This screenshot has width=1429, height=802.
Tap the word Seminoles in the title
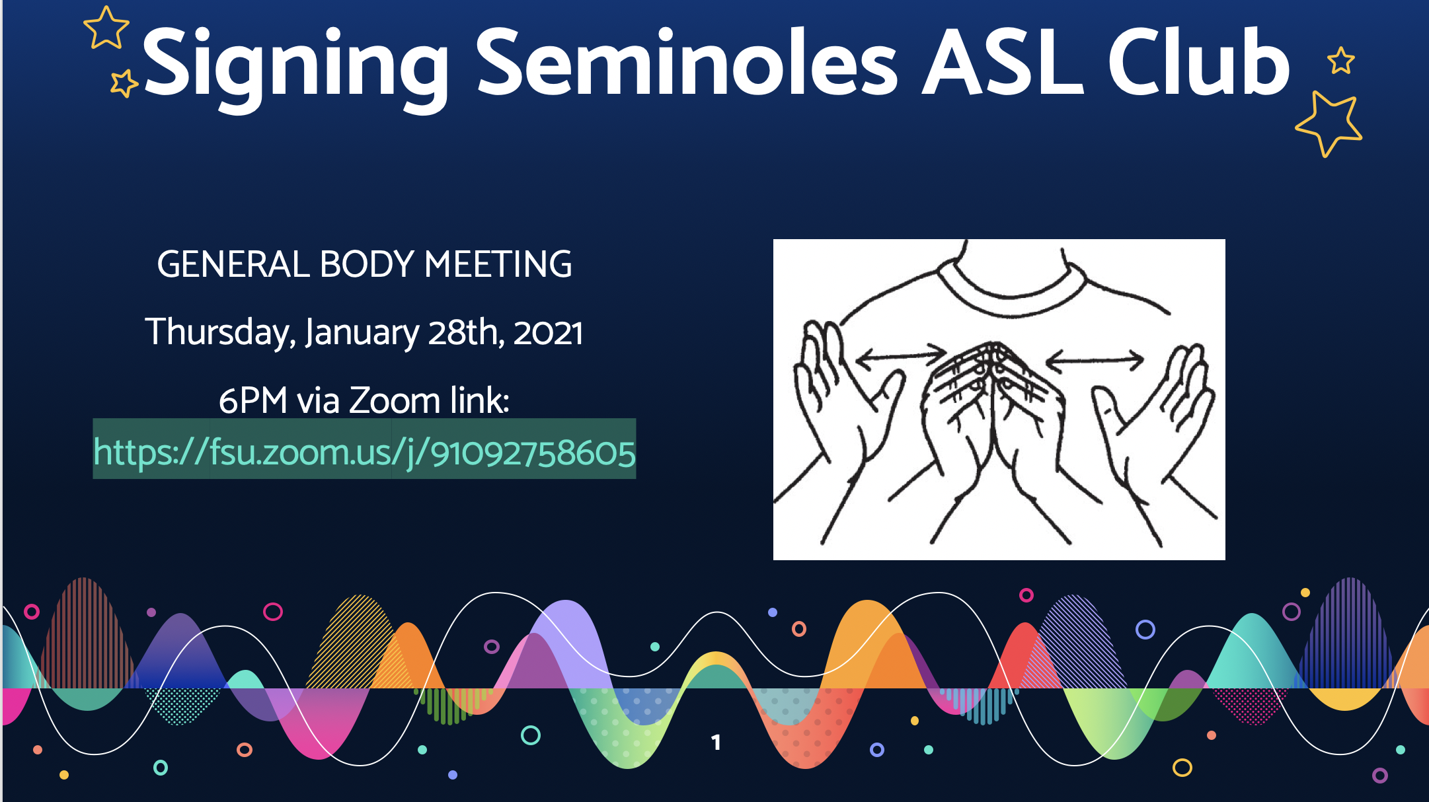pyautogui.click(x=687, y=62)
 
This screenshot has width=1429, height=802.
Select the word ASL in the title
pyautogui.click(x=1002, y=62)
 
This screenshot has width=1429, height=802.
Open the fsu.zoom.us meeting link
pyautogui.click(x=364, y=453)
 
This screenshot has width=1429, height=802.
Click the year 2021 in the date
pyautogui.click(x=548, y=332)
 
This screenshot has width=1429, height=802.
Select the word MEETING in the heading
pyautogui.click(x=498, y=264)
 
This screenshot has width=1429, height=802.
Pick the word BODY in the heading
pyautogui.click(x=367, y=264)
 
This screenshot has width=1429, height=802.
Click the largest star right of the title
pyautogui.click(x=1328, y=123)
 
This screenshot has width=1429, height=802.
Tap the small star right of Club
pyautogui.click(x=1341, y=61)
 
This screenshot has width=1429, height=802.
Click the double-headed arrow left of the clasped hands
pyautogui.click(x=900, y=355)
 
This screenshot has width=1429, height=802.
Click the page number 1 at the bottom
pyautogui.click(x=716, y=743)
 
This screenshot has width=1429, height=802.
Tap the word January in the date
pyautogui.click(x=362, y=332)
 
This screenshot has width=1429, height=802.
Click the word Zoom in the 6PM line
pyautogui.click(x=394, y=400)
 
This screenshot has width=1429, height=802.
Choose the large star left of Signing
pyautogui.click(x=106, y=28)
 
